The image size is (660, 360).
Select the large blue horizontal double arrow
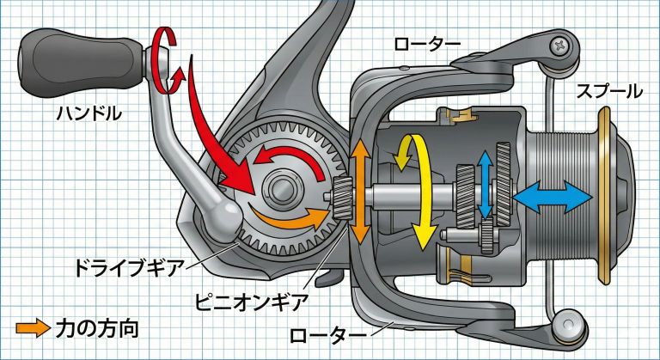click(x=551, y=198)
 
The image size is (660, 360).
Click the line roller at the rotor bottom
click(x=563, y=324)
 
